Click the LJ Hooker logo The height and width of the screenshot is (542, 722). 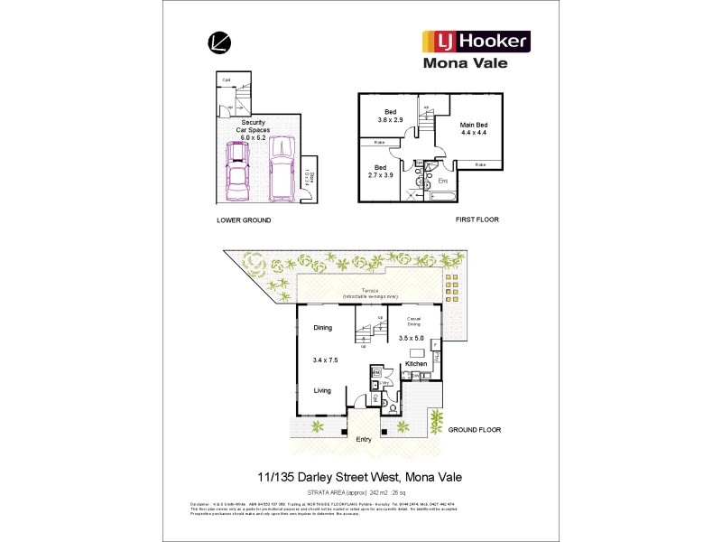click(476, 41)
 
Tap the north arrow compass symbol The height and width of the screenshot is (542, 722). click(218, 42)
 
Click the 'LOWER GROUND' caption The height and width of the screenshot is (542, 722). click(243, 220)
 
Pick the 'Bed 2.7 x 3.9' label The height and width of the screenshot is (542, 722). click(380, 172)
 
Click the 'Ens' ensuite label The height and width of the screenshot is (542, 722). click(443, 182)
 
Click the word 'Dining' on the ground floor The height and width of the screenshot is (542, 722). click(324, 329)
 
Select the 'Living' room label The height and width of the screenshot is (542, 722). click(323, 390)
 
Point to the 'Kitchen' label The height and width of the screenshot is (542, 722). click(415, 363)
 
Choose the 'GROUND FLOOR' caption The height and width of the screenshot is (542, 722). click(474, 430)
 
